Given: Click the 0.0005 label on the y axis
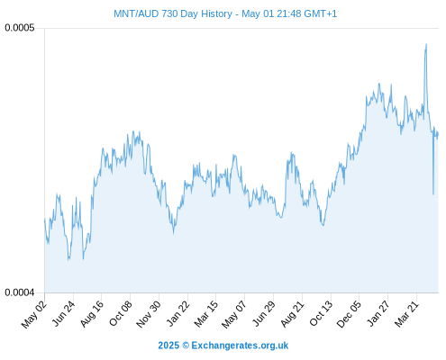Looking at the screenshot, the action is pos(20,28).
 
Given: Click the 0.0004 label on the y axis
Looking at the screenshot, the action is pos(20,292).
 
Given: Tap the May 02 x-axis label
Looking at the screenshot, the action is pos(34,314).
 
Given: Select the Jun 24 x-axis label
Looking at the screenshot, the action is pos(64,314).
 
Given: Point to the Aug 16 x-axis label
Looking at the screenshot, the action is pos(92,314).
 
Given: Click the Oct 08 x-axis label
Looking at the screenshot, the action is pos(121,314).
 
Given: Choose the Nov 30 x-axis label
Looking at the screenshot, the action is pos(149,314).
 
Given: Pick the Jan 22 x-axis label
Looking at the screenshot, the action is pos(178,314).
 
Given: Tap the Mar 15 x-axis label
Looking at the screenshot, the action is pos(206,314).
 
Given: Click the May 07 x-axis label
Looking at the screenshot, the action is pos(234,314).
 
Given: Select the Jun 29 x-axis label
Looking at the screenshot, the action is pos(264,314).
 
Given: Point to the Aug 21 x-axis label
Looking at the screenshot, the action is pos(292,314).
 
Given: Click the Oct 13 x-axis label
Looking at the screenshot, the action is pos(321,314).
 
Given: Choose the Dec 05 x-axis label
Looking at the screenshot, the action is pos(349,314).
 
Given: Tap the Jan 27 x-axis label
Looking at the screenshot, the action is pos(378,314).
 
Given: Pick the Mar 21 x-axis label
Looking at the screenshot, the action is pos(406,314).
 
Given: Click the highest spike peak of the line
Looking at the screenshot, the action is pos(426,44).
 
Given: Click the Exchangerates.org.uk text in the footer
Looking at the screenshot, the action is pos(240,346).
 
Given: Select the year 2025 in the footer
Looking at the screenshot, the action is pos(168,346).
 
